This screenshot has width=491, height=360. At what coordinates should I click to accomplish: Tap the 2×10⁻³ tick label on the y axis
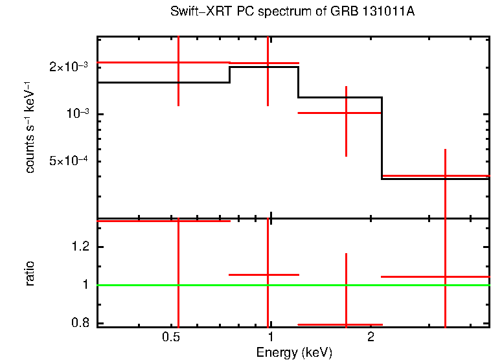tap(71, 67)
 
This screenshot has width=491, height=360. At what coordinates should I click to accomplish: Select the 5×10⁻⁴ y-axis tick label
tap(71, 161)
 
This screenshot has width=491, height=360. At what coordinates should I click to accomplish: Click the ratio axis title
tap(30, 273)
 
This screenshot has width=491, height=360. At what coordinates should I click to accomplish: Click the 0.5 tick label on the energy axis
tap(170, 337)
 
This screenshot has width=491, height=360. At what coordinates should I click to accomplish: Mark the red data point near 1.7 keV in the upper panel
tap(347, 113)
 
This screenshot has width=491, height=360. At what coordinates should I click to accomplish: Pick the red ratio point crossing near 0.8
tap(347, 324)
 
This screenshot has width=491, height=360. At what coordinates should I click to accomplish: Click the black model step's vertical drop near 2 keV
tap(382, 139)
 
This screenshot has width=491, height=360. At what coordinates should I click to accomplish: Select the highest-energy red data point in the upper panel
tap(445, 175)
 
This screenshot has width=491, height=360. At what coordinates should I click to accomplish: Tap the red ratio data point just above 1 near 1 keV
tap(268, 275)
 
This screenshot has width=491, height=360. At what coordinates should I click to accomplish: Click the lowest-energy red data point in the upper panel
tap(178, 62)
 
